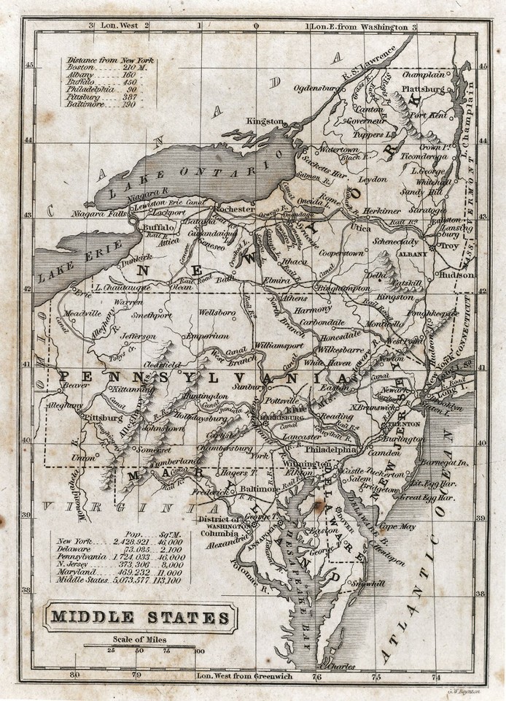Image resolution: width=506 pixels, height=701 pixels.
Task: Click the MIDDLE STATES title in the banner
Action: [139, 618]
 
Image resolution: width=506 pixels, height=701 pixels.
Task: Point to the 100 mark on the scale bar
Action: [199, 651]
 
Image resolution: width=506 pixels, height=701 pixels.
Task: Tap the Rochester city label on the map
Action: [233, 209]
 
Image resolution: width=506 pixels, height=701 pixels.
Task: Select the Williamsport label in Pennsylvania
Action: [279, 342]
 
